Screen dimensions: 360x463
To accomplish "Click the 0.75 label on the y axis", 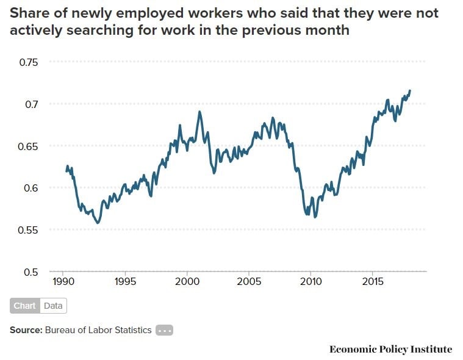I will click(x=28, y=62).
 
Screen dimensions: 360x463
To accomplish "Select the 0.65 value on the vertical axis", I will click(x=28, y=146).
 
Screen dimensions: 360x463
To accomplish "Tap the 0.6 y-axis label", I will click(x=31, y=188).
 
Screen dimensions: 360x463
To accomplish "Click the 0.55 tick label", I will click(x=28, y=230).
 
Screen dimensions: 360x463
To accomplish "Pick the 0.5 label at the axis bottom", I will click(x=31, y=272).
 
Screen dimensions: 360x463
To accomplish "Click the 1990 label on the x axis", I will click(x=63, y=282).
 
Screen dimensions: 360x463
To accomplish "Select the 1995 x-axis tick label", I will click(x=124, y=282).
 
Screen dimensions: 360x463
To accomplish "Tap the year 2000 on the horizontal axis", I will click(x=187, y=282).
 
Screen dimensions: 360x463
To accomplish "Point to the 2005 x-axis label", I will click(x=248, y=282).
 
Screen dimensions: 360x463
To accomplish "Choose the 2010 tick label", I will click(x=310, y=282).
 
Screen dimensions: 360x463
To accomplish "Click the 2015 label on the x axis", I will click(x=373, y=282).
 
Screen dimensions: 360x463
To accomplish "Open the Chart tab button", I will click(x=25, y=306).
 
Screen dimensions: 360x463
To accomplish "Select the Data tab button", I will click(x=53, y=306).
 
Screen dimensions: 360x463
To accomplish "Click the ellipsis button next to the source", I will click(x=165, y=330).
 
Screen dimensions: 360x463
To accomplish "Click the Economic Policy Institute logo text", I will click(x=390, y=349).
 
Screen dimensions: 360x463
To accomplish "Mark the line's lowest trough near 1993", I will click(x=98, y=223).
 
